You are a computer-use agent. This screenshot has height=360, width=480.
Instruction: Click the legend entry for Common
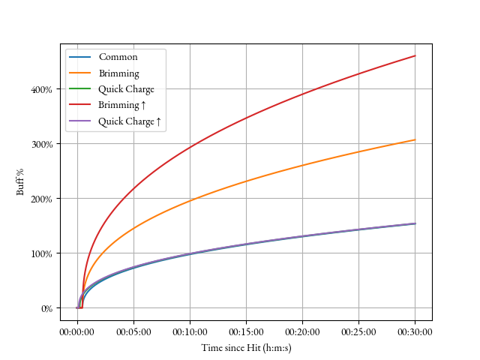coord(118,57)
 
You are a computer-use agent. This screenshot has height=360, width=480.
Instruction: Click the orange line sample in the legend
coord(80,73)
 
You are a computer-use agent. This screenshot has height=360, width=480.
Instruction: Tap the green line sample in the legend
coord(80,89)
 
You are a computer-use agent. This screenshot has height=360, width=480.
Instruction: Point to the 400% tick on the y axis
coord(43,89)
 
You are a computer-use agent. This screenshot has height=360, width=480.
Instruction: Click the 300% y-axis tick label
coord(43,144)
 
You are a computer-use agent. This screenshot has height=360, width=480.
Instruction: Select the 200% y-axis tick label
coord(43,199)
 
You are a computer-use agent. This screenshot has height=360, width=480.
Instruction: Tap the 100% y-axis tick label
coord(43,253)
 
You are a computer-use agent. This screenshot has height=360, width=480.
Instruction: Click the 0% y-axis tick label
coord(46,308)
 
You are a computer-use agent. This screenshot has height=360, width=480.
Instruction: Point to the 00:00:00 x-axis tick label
coord(77,331)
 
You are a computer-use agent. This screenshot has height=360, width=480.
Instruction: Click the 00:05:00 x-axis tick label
coord(133,331)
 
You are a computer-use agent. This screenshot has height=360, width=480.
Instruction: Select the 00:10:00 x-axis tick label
coord(190,331)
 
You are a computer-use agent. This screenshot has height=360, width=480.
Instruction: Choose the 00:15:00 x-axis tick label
coord(246,331)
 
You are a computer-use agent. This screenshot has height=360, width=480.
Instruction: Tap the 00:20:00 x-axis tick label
coord(302,331)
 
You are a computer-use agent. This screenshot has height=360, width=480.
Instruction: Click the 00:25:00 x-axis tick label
coord(358,331)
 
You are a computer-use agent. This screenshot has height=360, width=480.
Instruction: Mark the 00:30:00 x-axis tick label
coord(415,331)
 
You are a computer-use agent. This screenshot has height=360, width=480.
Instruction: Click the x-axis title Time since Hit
coord(246,347)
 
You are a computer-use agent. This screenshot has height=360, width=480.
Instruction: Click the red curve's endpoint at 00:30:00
coord(415,56)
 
